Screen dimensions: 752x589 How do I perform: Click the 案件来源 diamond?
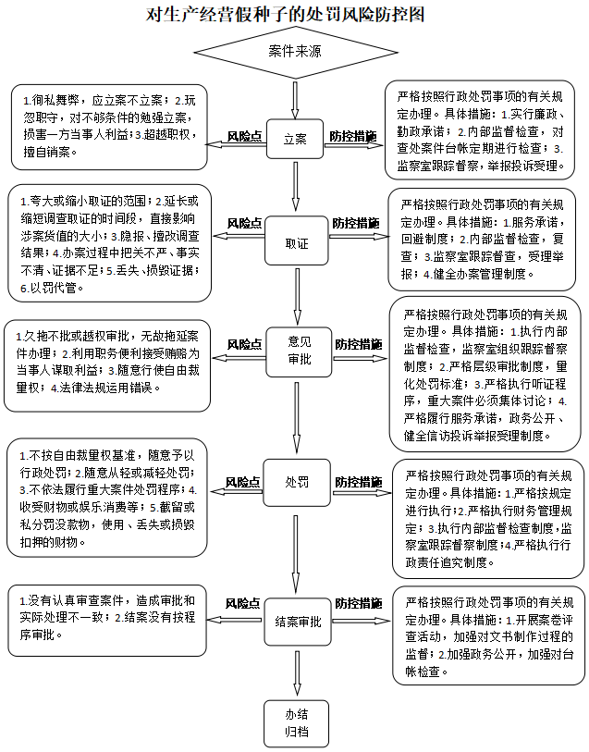(294, 52)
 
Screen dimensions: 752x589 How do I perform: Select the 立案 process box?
(294, 138)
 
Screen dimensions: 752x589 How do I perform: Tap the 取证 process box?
(296, 242)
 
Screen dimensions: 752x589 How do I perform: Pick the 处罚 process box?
(296, 482)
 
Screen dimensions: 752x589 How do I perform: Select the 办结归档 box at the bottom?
(296, 723)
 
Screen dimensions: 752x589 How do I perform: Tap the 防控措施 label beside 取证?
(355, 223)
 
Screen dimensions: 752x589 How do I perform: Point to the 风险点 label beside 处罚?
(243, 482)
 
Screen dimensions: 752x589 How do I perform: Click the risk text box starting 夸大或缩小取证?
(109, 242)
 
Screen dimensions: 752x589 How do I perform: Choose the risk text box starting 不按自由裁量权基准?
(109, 499)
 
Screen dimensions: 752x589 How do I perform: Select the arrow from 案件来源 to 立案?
(294, 98)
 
